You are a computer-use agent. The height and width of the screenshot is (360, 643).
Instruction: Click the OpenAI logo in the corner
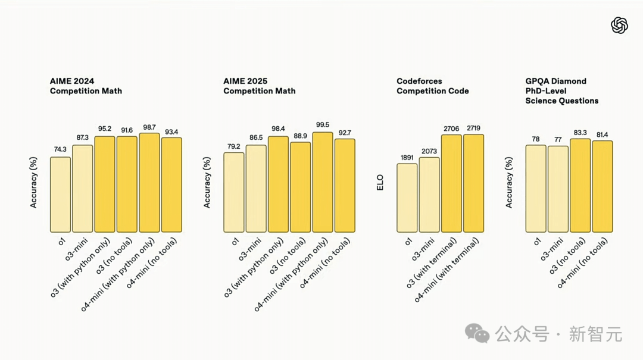pos(619,25)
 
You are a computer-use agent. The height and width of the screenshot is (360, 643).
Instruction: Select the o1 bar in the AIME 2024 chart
pos(60,195)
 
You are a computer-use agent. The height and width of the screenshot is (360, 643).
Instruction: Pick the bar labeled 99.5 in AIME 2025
pos(322,182)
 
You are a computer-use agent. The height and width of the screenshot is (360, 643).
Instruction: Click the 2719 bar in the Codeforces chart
pos(473,183)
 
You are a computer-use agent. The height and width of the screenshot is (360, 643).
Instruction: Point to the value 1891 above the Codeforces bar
pos(407,158)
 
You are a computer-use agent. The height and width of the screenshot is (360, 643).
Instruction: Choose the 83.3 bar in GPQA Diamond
pos(580,186)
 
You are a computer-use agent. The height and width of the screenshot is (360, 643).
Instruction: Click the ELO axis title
pos(380,181)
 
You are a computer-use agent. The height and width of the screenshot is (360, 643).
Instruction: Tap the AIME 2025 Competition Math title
pos(259,86)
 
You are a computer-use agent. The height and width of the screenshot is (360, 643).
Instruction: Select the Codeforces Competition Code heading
pos(432,86)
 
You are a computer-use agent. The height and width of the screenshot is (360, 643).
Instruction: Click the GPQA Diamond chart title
pos(561,91)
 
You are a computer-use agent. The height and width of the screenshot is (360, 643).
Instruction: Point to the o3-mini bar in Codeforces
pos(429,195)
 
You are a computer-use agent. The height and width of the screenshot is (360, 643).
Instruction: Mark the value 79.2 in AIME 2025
pos(233,147)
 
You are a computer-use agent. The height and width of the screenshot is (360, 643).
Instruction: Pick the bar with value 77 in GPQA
pos(558,189)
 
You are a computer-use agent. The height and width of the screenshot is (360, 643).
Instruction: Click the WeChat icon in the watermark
pos(478,333)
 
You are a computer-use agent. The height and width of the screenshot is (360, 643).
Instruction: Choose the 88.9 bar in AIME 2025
pos(300,187)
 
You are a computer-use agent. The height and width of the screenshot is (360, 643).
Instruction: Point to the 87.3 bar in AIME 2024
pos(82,189)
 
